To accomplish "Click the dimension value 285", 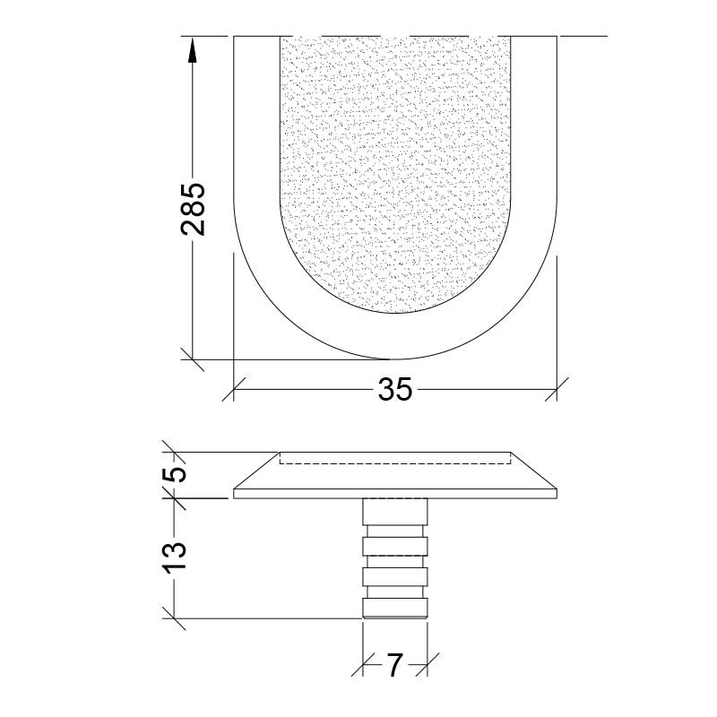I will (x=193, y=208).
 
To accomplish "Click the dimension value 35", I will (x=394, y=389).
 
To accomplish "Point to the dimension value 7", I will (x=394, y=665).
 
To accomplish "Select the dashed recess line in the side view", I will (x=394, y=462).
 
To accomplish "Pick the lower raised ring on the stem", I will (x=394, y=576).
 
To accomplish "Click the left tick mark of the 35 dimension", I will (x=234, y=389).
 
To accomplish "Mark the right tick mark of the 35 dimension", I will (x=557, y=389).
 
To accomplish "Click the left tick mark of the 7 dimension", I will (x=362, y=665).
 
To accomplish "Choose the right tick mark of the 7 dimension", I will (x=427, y=665).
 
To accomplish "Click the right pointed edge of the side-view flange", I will (x=555, y=492).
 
